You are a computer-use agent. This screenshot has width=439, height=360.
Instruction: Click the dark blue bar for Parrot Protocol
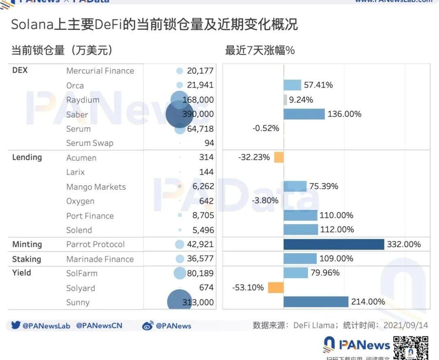pos(334,244)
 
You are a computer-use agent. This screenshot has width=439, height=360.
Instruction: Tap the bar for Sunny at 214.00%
pos(316,302)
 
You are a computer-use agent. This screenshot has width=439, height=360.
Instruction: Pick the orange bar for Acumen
pos(279,157)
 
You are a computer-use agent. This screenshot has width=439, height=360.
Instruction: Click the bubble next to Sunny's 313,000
pos(179,302)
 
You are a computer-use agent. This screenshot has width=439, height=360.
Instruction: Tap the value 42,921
pos(200,244)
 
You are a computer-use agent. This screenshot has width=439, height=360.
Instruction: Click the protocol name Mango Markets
pos(96,187)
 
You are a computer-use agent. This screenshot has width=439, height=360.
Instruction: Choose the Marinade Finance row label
pos(100,259)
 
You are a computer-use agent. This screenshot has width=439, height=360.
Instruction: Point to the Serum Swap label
pos(90,143)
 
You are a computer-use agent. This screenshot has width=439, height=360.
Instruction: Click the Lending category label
pos(27,157)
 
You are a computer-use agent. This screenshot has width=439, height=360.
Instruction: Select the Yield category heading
pos(22,273)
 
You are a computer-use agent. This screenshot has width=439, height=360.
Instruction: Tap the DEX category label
pos(20,70)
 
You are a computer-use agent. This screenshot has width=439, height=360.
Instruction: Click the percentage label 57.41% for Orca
pos(318,85)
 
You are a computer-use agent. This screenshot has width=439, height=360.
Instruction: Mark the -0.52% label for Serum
pos(265,128)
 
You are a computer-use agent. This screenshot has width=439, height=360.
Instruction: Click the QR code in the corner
pos(411,347)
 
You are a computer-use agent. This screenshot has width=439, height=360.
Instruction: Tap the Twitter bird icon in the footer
pos(16,325)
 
